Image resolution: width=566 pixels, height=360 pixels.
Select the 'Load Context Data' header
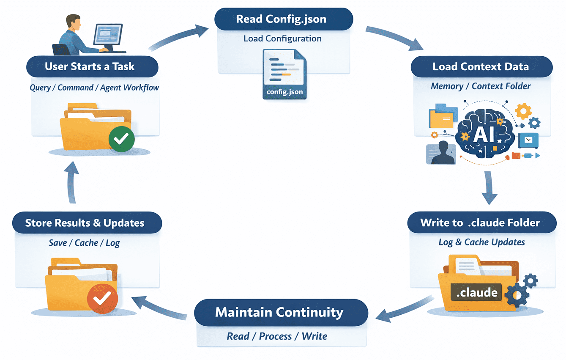tap(481, 66)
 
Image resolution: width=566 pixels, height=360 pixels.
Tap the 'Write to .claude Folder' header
tap(480, 223)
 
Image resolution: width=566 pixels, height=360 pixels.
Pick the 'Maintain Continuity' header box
tap(279, 313)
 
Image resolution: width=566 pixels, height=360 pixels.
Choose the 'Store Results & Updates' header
tap(85, 223)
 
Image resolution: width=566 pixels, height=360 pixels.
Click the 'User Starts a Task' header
tap(90, 66)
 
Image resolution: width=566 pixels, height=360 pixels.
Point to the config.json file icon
tap(284, 74)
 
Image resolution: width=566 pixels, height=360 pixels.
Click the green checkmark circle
tap(121, 138)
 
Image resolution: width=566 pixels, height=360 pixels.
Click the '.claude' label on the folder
tap(477, 292)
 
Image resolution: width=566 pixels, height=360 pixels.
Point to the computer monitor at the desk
tap(107, 35)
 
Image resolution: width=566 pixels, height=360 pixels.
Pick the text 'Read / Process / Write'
tap(277, 336)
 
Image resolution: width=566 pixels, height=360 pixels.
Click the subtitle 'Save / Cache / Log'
tap(84, 243)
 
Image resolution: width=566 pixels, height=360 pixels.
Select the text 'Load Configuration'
tap(282, 38)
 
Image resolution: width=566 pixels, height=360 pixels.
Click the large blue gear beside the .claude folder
tap(517, 295)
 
